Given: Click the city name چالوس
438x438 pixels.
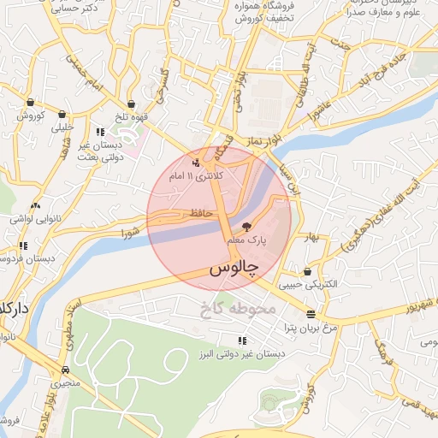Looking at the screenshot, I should point(234,268).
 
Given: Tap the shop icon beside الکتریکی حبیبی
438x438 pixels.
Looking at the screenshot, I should point(307,271).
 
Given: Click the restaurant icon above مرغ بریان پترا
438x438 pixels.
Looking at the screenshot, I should point(310,313).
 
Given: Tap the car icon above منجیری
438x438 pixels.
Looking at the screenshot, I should point(66,370).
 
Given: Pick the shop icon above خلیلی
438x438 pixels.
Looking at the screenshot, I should point(62,114).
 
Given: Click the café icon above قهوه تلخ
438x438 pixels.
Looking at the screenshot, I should point(130,104).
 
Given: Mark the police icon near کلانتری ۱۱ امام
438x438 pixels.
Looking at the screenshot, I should point(197,162).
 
